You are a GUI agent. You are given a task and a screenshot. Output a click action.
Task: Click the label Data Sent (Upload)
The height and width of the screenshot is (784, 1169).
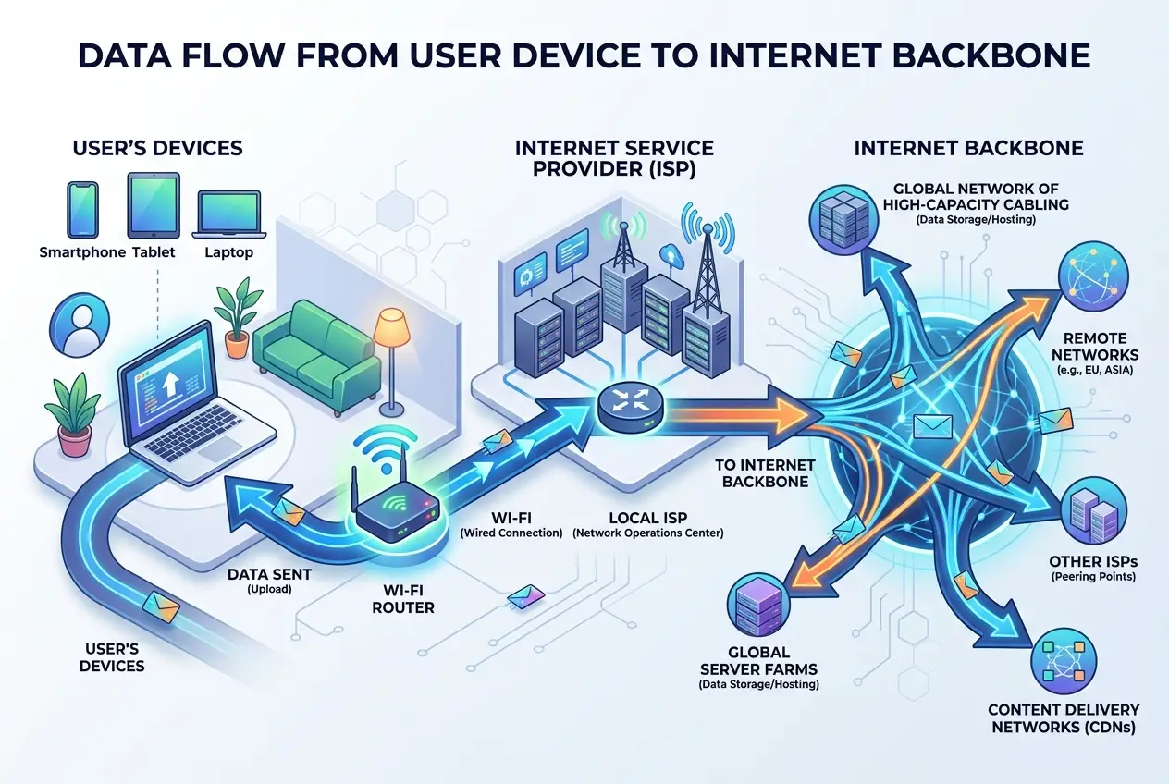coord(269,581)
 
